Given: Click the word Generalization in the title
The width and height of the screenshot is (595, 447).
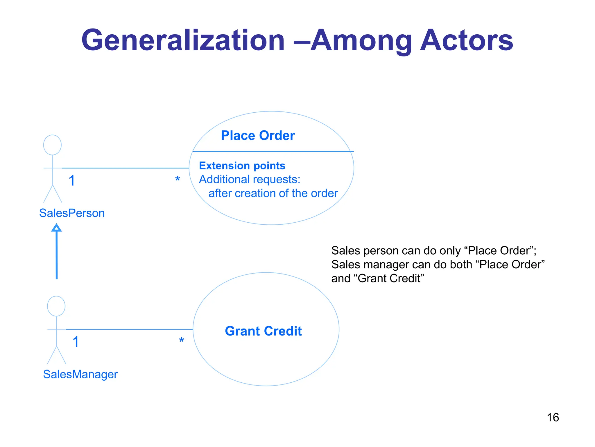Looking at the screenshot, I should pos(183,41).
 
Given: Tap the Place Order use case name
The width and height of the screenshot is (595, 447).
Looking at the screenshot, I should pos(258,136).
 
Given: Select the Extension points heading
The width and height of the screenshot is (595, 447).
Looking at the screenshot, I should pos(242,166).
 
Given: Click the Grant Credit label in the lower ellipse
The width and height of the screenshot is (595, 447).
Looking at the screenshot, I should pos(263,331).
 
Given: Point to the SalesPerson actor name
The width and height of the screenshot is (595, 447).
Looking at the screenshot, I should pos(72,213).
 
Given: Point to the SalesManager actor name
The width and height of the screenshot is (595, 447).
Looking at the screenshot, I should pos(80,374).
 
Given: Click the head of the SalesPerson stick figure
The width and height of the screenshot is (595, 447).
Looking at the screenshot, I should pos(52,145).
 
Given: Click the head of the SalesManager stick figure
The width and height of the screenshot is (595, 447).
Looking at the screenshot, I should pos(56,306).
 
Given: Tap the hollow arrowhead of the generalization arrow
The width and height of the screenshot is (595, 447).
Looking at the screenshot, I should pos(56,228).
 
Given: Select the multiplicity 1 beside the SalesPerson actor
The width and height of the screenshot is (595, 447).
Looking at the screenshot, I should pos(72,181).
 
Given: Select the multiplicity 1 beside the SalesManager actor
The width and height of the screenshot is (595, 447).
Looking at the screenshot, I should pos(76,342).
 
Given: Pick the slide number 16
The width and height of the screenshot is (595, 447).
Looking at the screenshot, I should pos(553,418).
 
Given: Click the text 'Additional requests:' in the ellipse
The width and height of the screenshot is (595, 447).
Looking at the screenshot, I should pos(249,180).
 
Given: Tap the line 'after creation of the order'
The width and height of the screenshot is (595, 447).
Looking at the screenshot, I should pos(273,194).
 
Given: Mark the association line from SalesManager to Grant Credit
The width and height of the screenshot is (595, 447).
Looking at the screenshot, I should pos(129,329).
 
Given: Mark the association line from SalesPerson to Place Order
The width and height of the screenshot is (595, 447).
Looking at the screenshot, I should pos(125,168).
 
